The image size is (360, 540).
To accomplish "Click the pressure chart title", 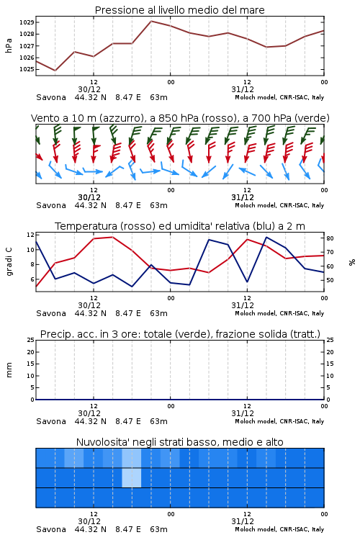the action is coord(179,10).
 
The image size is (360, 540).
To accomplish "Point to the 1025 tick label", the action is coord(27,69).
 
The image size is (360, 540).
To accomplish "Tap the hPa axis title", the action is coord(9,45).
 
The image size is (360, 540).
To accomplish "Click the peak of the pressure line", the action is coord(151,21).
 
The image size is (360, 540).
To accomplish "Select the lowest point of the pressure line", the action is coord(55,71).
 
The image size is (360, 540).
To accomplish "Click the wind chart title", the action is coord(180,118).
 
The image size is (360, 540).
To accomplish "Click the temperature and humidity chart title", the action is coord(180,226).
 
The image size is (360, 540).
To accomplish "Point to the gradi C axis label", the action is coord(9,262).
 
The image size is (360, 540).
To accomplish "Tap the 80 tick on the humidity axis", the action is coord(330,238).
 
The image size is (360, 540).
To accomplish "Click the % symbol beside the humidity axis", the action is coord(352,262).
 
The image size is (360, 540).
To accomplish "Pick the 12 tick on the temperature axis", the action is coord(30,235).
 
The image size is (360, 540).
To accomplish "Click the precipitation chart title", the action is coord(180,334).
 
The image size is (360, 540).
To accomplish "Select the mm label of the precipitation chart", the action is coord(9,370).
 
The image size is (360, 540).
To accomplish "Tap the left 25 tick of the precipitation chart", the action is coord(31,340).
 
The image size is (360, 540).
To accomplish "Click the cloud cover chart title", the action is coord(180,442).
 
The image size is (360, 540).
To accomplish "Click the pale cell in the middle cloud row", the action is coord(132,477).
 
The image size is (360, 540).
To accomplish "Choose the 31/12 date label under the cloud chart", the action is coord(243,521).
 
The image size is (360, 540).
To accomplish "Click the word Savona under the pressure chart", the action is coord(51,97).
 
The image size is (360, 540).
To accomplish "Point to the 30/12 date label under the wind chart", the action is coord(89,197).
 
